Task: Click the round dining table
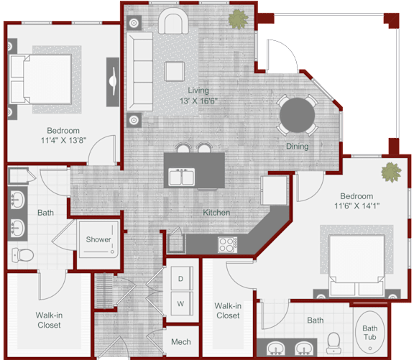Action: (x=297, y=114)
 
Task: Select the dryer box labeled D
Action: (x=180, y=279)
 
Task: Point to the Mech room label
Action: (x=180, y=341)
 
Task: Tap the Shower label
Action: (x=98, y=239)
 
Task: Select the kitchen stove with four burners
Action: (x=226, y=244)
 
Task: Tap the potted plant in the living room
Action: (x=235, y=20)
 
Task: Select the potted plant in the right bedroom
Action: (x=390, y=172)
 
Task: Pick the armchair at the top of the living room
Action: (x=172, y=22)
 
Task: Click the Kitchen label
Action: (x=216, y=213)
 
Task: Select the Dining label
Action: (x=297, y=147)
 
